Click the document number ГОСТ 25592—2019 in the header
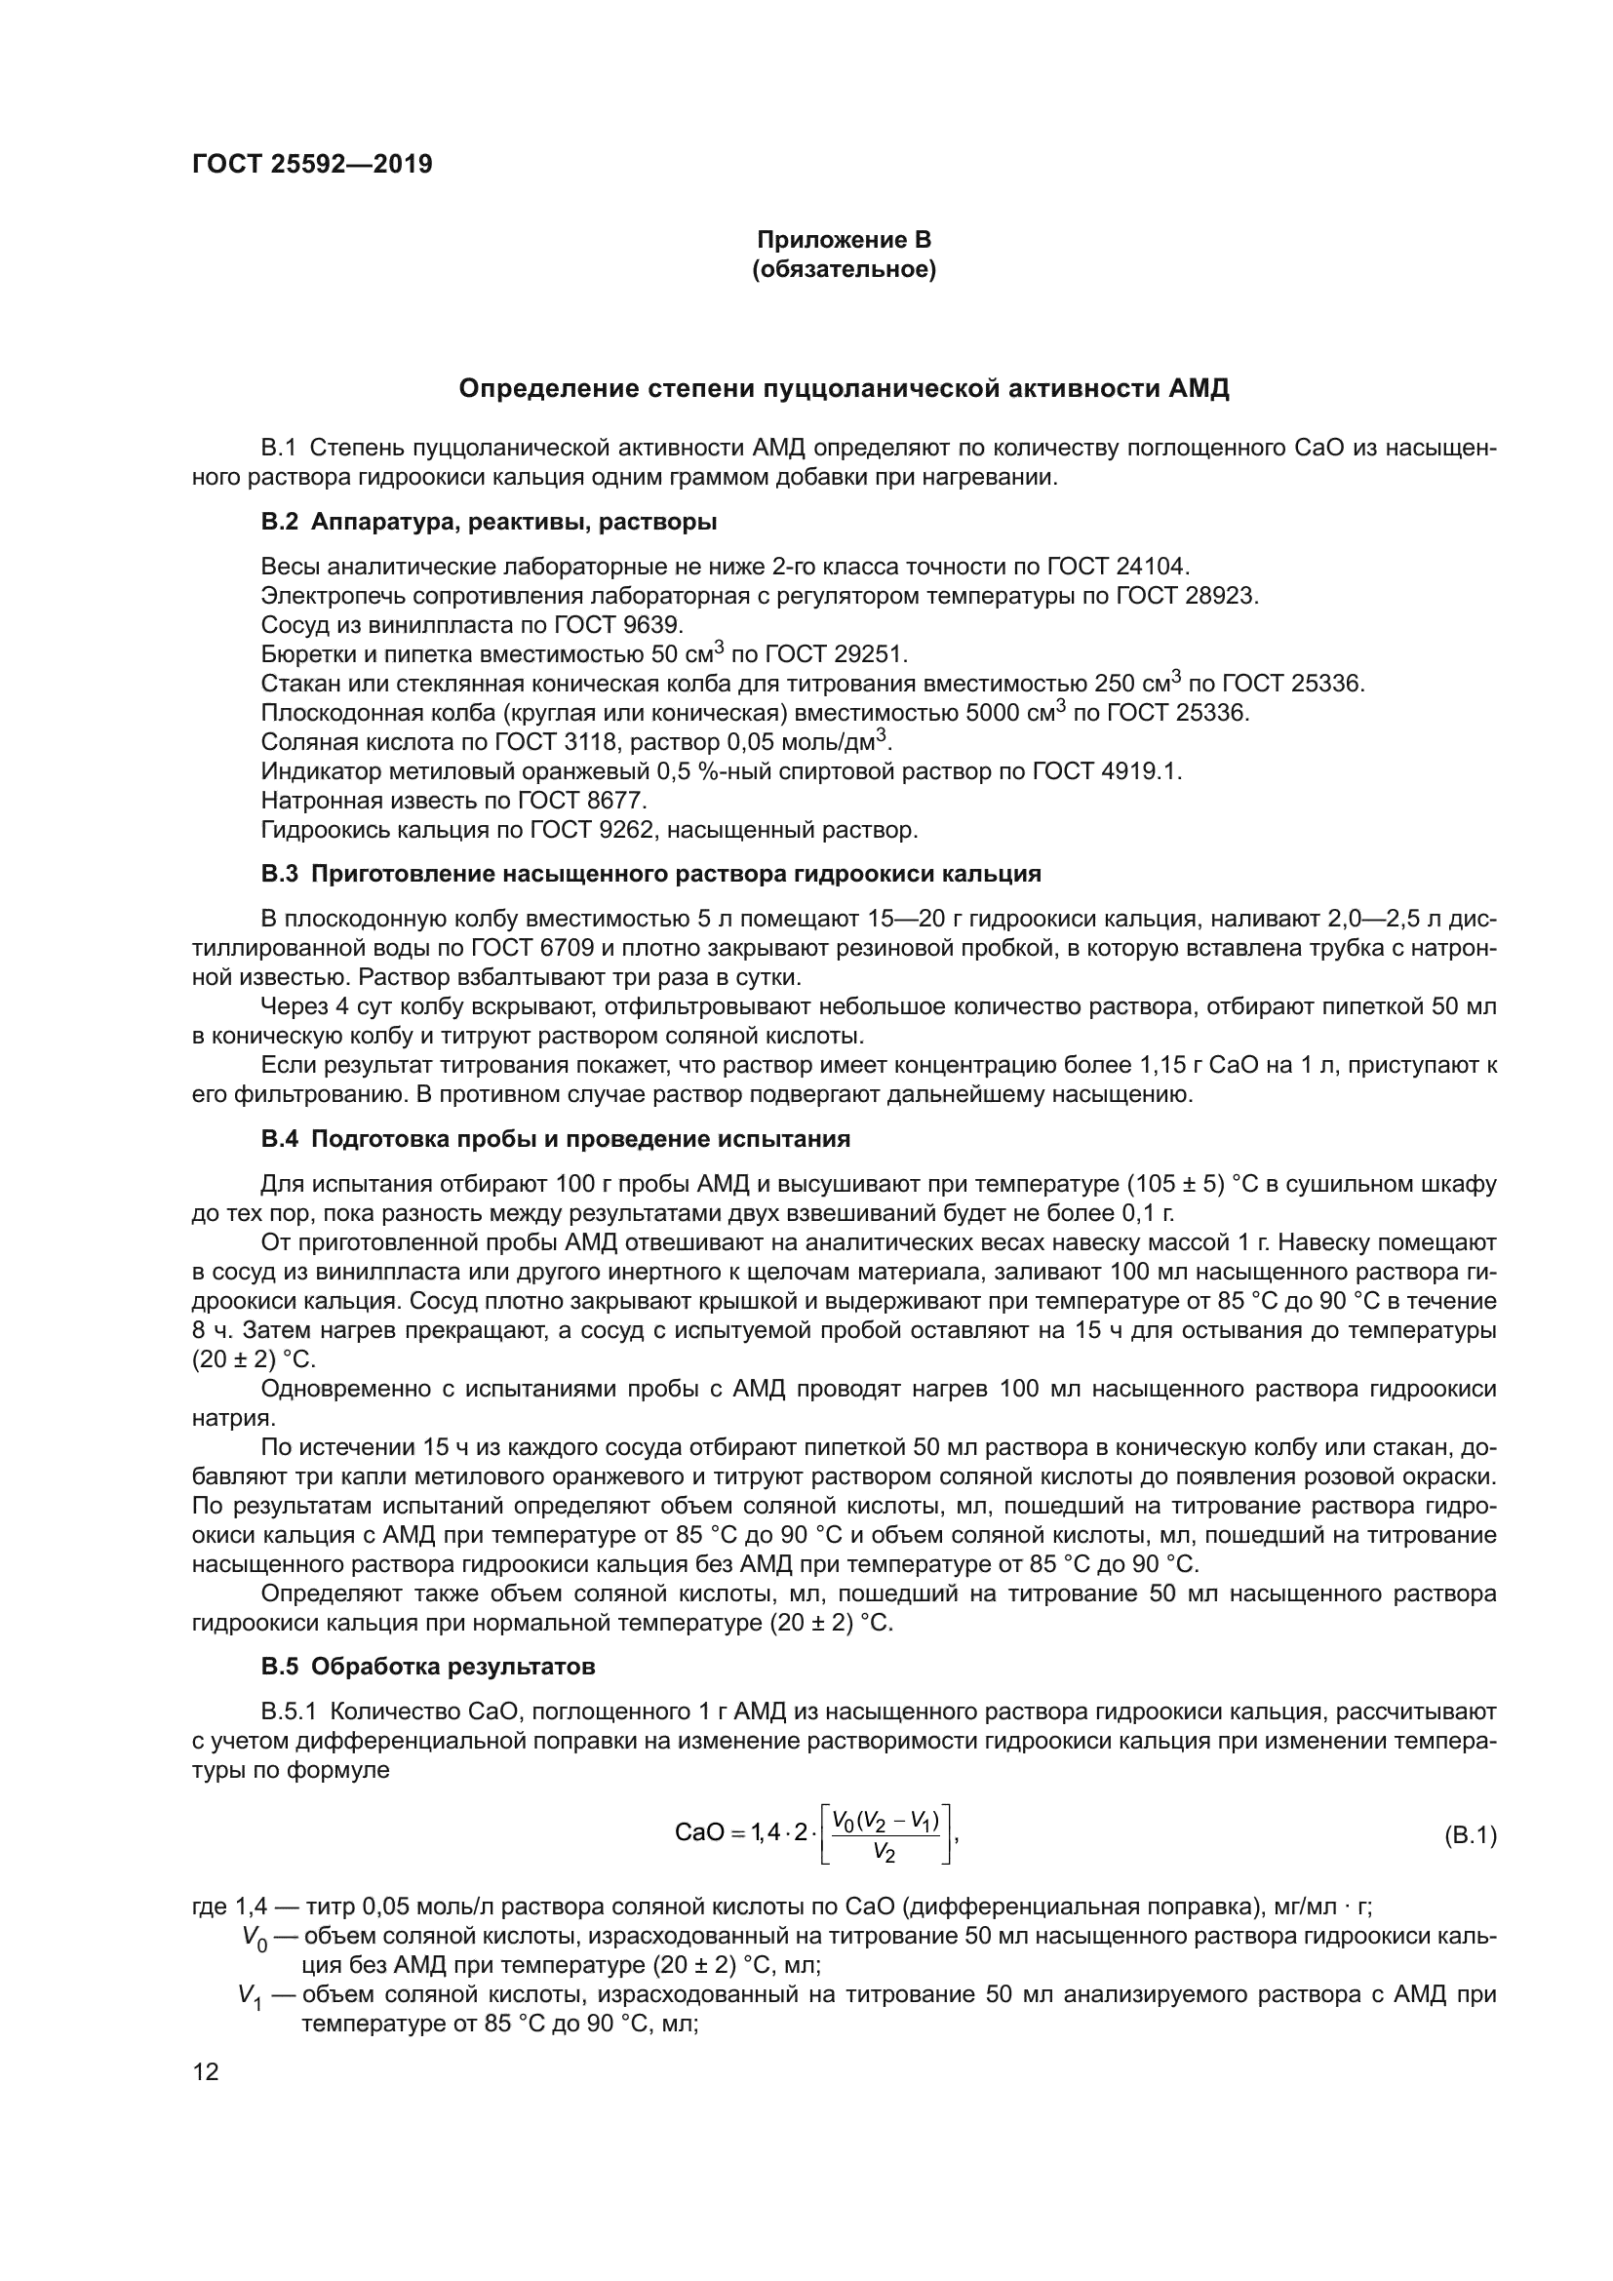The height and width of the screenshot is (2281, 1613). pos(312,164)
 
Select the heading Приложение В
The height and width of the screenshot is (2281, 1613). pos(844,241)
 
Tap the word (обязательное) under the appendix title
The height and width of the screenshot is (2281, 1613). pos(844,269)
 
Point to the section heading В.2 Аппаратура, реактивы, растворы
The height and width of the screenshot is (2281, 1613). pos(489,522)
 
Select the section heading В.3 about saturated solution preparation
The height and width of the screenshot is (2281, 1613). pos(650,874)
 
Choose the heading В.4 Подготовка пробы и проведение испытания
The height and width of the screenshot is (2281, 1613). pos(555,1138)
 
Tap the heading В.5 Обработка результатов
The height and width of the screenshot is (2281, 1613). pos(428,1667)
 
